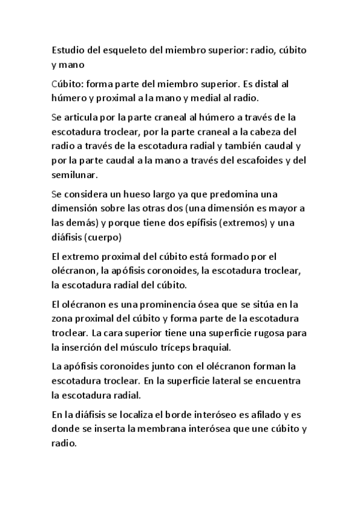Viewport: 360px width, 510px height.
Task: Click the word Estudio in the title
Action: (69, 50)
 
